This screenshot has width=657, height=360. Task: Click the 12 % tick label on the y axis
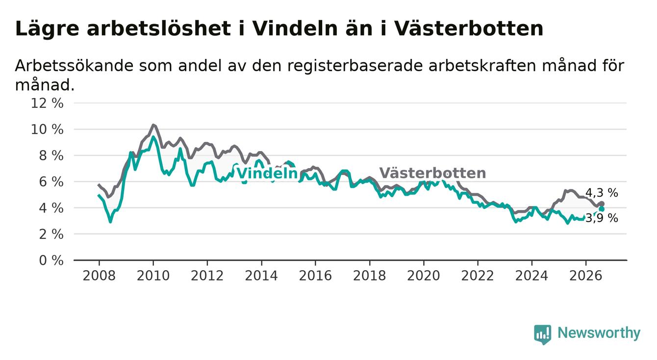point(47,103)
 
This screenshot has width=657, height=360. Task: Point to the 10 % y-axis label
point(47,129)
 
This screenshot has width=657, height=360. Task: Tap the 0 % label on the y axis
point(51,260)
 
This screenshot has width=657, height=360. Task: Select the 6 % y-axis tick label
point(51,182)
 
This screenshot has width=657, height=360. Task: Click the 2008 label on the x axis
point(99,276)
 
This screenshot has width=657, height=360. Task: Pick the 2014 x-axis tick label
point(261,276)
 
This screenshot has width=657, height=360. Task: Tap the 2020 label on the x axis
point(424,276)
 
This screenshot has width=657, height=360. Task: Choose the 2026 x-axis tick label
point(586,276)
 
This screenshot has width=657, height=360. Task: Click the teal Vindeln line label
point(267,173)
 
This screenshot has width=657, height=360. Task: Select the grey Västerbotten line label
point(432,173)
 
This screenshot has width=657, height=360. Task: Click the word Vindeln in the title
point(295,28)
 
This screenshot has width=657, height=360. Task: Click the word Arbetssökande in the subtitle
point(75,65)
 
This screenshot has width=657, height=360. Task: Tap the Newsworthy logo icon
point(543,334)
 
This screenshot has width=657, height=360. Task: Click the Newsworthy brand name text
point(599,333)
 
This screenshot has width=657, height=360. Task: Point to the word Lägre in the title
point(47,29)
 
